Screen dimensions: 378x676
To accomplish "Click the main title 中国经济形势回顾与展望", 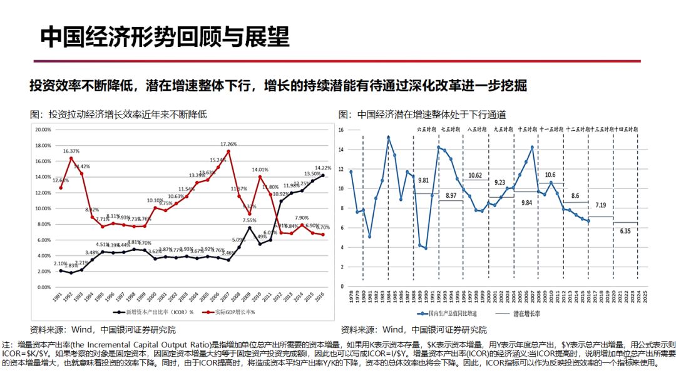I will tap(165, 37).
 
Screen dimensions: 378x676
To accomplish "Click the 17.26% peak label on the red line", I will tap(228, 144).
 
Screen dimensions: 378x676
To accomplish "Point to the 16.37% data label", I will tap(71, 151).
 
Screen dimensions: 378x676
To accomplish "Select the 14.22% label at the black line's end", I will tap(324, 168).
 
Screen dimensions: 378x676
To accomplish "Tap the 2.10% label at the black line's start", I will tap(60, 264).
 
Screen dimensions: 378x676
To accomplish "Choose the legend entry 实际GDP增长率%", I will tap(230, 312).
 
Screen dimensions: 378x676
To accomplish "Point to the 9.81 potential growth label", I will tap(424, 180).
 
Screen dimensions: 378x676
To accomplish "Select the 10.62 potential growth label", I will tap(476, 175).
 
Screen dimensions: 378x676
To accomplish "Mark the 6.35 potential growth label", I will tap(626, 230).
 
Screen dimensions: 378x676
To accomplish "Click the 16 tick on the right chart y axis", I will tap(342, 130).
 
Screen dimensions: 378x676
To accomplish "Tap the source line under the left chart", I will tap(103, 329).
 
